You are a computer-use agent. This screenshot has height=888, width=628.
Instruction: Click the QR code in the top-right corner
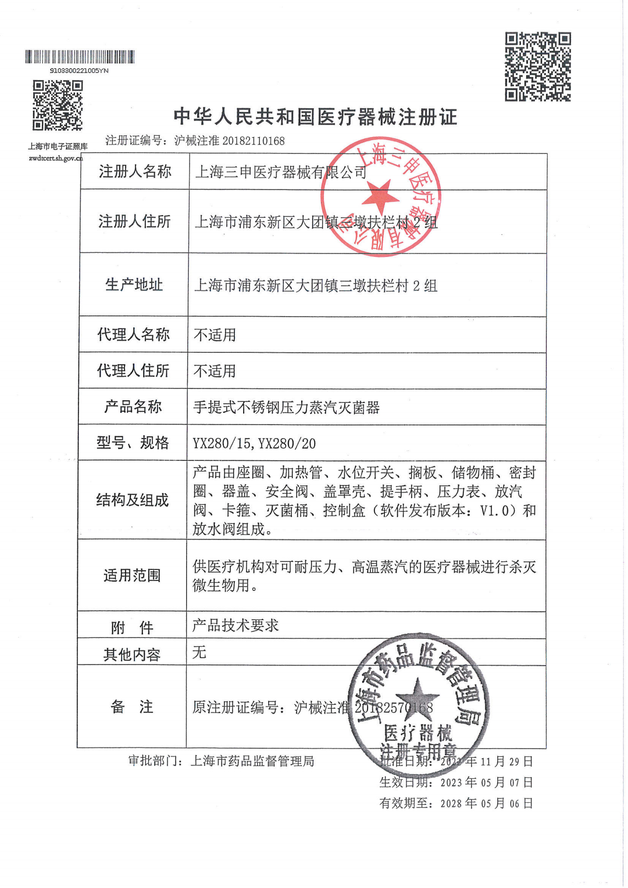pyautogui.click(x=538, y=66)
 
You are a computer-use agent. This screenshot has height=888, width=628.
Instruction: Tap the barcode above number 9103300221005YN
pyautogui.click(x=79, y=57)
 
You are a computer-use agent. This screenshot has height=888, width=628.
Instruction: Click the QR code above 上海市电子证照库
pyautogui.click(x=58, y=105)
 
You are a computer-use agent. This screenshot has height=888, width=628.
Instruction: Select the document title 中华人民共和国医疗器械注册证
pyautogui.click(x=315, y=117)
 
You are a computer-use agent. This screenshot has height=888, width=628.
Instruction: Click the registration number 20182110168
pyautogui.click(x=254, y=141)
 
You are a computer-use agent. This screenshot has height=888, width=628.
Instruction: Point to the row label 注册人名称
pyautogui.click(x=135, y=172)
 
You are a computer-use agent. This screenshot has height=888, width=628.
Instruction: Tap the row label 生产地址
pyautogui.click(x=134, y=285)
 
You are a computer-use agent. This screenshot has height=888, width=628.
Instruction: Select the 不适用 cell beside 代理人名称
pyautogui.click(x=215, y=335)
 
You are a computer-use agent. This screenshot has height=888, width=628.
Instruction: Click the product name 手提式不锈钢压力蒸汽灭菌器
pyautogui.click(x=286, y=407)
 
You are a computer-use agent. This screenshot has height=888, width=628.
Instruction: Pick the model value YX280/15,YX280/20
pyautogui.click(x=254, y=444)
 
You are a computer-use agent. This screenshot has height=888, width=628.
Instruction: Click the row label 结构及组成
pyautogui.click(x=132, y=500)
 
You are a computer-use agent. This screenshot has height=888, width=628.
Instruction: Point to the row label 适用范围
pyautogui.click(x=132, y=576)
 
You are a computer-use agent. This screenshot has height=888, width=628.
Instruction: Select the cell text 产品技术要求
pyautogui.click(x=235, y=625)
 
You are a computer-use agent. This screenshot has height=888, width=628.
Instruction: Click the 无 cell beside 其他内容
pyautogui.click(x=199, y=653)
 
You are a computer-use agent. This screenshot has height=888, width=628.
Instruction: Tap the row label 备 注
pyautogui.click(x=132, y=707)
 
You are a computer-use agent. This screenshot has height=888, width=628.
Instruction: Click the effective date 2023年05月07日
pyautogui.click(x=486, y=782)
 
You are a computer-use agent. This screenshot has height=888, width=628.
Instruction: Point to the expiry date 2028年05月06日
pyautogui.click(x=486, y=803)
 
